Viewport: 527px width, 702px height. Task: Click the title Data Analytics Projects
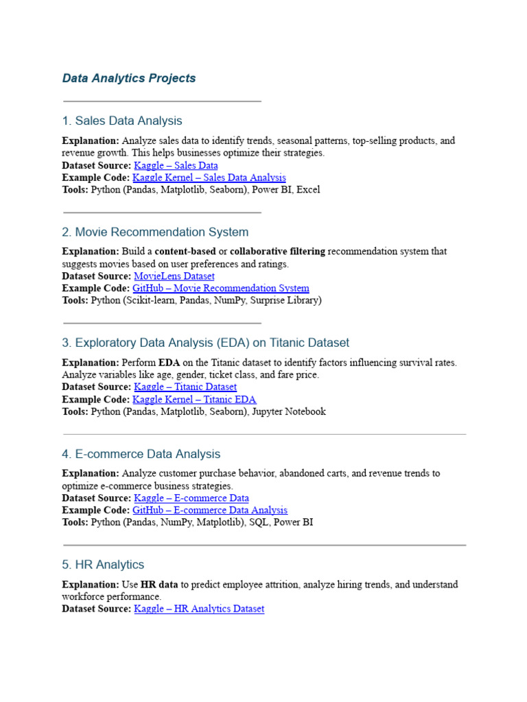(129, 78)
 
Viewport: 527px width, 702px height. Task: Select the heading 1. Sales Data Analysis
(122, 121)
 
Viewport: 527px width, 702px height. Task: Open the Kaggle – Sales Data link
(176, 165)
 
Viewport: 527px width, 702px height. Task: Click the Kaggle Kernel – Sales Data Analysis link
(209, 178)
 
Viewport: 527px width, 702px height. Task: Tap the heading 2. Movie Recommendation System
(155, 232)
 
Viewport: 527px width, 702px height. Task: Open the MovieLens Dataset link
(174, 276)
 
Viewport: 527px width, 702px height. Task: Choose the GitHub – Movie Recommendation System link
(220, 289)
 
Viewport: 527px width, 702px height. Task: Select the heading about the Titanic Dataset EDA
(205, 343)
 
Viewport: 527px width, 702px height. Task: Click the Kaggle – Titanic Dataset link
(185, 387)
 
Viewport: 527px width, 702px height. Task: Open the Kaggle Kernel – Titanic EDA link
(194, 400)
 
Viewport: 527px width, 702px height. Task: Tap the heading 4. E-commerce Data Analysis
(141, 454)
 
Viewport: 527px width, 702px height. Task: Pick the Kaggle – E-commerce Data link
(191, 498)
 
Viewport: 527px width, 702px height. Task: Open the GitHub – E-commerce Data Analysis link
(210, 511)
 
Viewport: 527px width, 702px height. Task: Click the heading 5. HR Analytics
(103, 565)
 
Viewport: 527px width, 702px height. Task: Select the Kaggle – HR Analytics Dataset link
(199, 609)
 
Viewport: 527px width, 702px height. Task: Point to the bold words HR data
(159, 585)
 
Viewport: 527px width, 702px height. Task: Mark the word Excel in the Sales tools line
(308, 189)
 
